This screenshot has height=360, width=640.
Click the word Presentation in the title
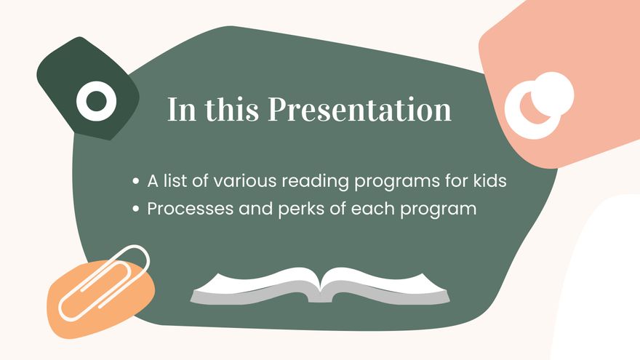pyautogui.click(x=359, y=110)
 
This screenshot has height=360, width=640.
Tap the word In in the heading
pyautogui.click(x=179, y=110)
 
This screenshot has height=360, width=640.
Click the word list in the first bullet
pyautogui.click(x=171, y=181)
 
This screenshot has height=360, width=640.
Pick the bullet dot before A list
pyautogui.click(x=136, y=182)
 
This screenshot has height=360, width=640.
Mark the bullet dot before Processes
pyautogui.click(x=136, y=209)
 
